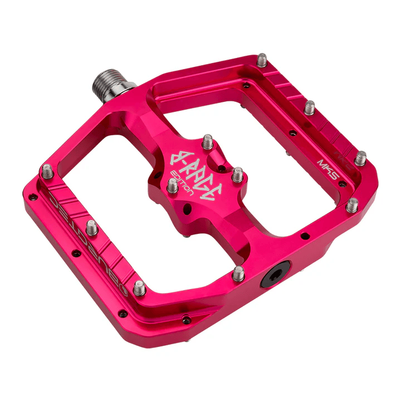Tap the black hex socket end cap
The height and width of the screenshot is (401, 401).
point(275,275)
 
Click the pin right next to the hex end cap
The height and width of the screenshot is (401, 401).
point(238,272)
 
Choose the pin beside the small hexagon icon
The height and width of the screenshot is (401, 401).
point(140,287)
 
